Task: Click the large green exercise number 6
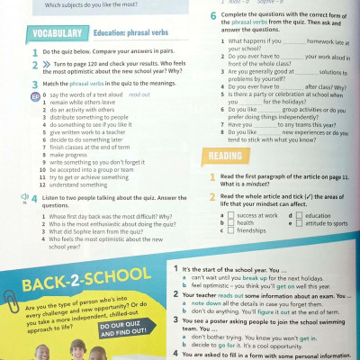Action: pyautogui.click(x=213, y=16)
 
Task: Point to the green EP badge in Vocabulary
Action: pyautogui.click(x=10, y=94)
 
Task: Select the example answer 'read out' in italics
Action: pyautogui.click(x=139, y=94)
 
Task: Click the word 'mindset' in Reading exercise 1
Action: pyautogui.click(x=268, y=184)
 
